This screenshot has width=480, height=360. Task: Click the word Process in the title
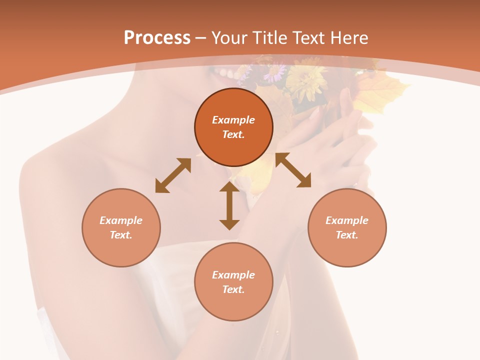pos(157,38)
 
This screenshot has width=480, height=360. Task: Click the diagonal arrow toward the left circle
pos(173,175)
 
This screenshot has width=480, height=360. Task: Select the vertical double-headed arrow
pos(229,205)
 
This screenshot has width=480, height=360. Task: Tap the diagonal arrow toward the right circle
pos(293,170)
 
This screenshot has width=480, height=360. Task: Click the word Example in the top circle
pos(233,120)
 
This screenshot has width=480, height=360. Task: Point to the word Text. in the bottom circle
pos(233,289)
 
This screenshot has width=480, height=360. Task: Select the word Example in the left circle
pos(121,220)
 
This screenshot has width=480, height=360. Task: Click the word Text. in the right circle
pos(347,235)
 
